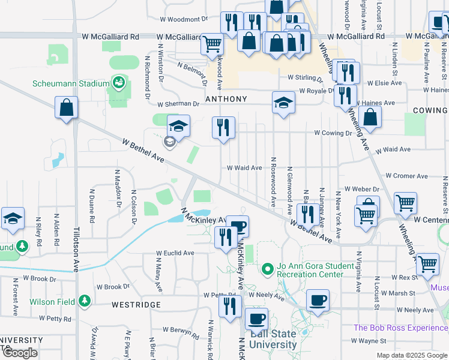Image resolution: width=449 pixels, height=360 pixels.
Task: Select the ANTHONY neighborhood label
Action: click(x=226, y=99)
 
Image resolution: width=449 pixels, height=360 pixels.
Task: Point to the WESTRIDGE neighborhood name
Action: click(x=136, y=305)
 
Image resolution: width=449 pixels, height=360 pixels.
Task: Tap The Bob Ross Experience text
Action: click(x=400, y=328)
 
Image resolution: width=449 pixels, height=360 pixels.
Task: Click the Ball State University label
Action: click(x=273, y=340)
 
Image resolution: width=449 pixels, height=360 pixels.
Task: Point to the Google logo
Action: click(x=20, y=353)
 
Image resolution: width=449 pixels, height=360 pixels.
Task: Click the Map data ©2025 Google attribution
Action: click(x=411, y=355)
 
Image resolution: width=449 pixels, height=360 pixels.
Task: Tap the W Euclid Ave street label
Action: click(x=175, y=253)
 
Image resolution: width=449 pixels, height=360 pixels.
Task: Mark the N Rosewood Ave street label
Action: click(x=273, y=182)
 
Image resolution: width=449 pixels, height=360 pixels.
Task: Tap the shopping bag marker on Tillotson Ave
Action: click(x=66, y=109)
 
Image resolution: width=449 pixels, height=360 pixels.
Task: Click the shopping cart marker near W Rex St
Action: click(x=427, y=264)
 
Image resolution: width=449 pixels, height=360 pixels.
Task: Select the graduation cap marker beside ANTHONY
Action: click(x=283, y=102)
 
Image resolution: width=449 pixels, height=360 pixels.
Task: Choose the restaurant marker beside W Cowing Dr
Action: click(x=223, y=128)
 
